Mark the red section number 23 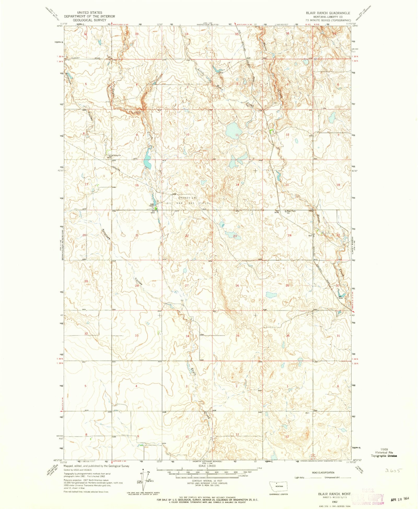point(235,236)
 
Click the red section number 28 point(137,286)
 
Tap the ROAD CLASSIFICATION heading point(323,473)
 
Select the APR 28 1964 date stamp point(400,499)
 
